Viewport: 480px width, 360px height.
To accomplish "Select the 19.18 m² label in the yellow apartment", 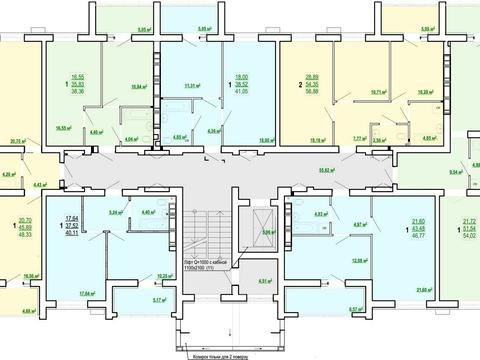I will click(319, 140).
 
